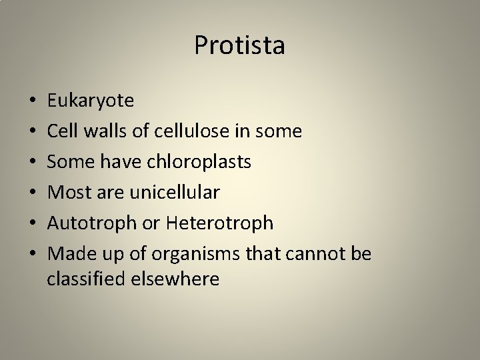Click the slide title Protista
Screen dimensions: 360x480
(x=239, y=45)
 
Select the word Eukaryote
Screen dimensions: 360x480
(x=90, y=101)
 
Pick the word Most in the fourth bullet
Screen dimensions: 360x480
(x=67, y=193)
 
